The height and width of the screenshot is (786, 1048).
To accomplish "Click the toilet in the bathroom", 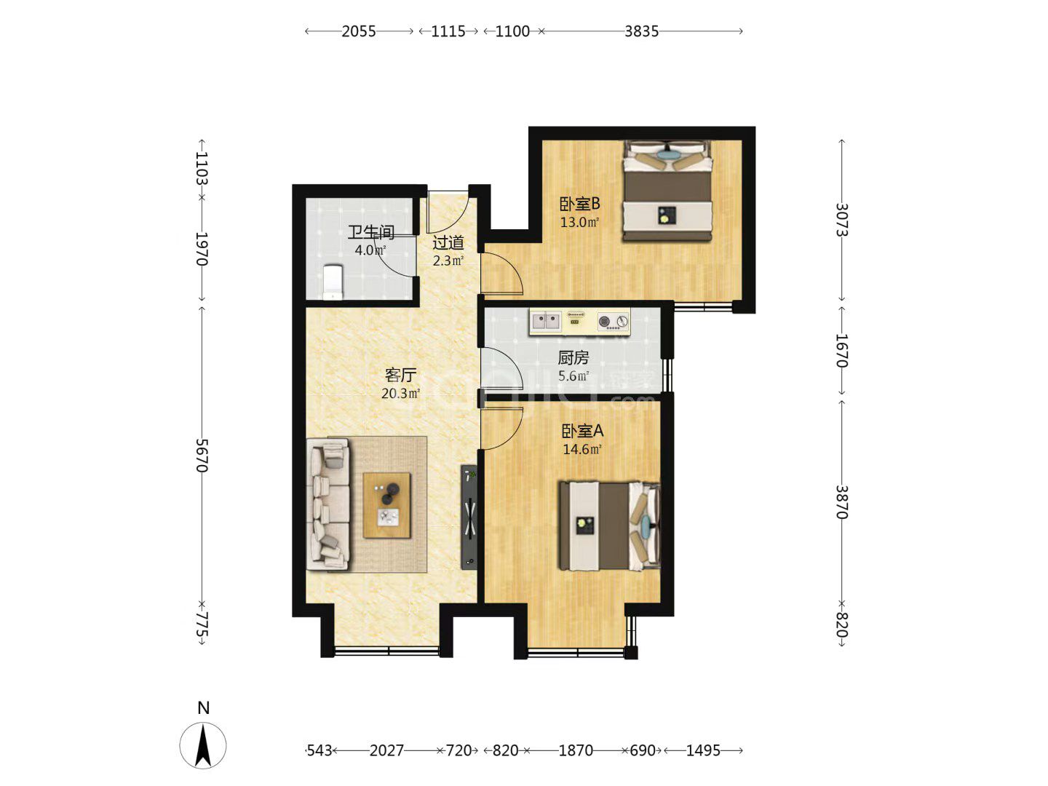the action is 333,282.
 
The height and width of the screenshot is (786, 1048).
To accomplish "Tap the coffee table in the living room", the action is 386,505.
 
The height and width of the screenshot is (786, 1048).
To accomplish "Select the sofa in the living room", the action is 327,504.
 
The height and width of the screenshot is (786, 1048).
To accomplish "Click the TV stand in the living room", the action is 469,517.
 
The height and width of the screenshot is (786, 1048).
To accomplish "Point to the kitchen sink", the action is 547,320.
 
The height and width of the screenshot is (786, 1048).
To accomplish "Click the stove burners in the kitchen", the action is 613,321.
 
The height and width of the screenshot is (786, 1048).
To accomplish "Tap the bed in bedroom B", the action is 667,191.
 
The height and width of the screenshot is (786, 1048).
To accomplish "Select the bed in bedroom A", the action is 610,526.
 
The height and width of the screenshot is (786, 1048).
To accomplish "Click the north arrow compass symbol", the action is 203,745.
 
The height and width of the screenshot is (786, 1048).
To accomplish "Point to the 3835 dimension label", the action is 641,31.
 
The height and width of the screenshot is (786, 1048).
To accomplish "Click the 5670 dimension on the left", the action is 202,456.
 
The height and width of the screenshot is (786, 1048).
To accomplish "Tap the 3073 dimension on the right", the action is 842,220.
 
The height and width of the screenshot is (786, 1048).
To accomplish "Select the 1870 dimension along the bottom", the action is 576,750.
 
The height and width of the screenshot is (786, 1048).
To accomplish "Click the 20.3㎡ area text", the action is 400,394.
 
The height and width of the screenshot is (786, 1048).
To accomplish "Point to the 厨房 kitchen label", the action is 573,357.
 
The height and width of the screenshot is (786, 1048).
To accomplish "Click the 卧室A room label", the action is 582,431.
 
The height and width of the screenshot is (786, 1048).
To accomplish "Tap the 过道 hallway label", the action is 448,243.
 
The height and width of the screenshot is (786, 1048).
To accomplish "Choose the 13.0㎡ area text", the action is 579,222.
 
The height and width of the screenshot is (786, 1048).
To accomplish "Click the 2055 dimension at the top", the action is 359,31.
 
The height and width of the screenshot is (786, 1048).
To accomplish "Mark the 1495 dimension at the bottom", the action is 703,750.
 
